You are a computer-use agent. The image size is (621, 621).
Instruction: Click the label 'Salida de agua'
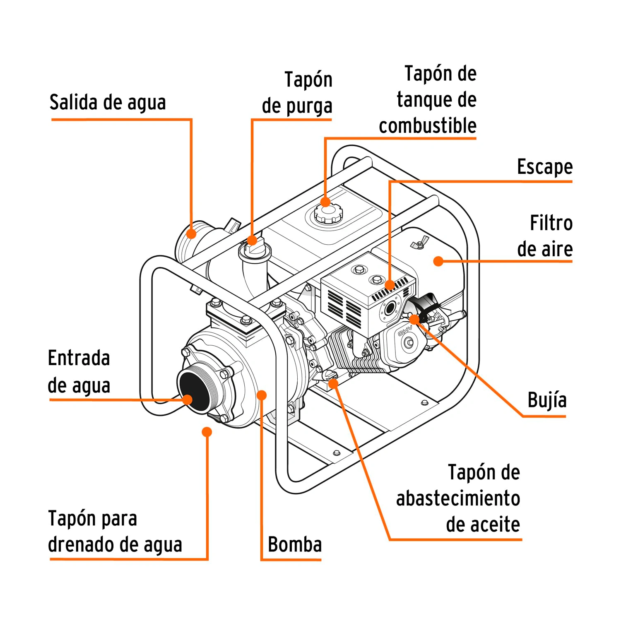click(x=108, y=102)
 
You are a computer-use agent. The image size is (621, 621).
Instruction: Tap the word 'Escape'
click(x=545, y=166)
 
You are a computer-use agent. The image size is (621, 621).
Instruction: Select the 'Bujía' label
click(x=547, y=400)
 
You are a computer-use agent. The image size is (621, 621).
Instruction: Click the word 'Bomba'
click(x=295, y=544)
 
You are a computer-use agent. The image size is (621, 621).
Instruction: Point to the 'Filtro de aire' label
click(x=545, y=236)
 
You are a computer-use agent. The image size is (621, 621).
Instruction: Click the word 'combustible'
click(x=428, y=125)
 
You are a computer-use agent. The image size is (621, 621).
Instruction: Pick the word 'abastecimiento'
click(x=458, y=498)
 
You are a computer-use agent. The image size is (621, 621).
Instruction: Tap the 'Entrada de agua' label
click(x=79, y=372)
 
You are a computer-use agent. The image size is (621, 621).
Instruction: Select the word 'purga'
click(x=309, y=106)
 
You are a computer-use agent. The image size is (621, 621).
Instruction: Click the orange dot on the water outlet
click(x=191, y=233)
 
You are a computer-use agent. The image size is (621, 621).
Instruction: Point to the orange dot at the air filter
click(x=438, y=261)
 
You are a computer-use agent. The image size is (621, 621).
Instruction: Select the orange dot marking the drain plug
click(x=207, y=432)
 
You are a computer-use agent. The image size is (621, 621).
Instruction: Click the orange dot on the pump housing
click(x=261, y=395)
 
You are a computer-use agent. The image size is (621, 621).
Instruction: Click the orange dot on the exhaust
click(x=390, y=285)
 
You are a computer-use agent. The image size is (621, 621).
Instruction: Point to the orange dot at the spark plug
click(x=414, y=319)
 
